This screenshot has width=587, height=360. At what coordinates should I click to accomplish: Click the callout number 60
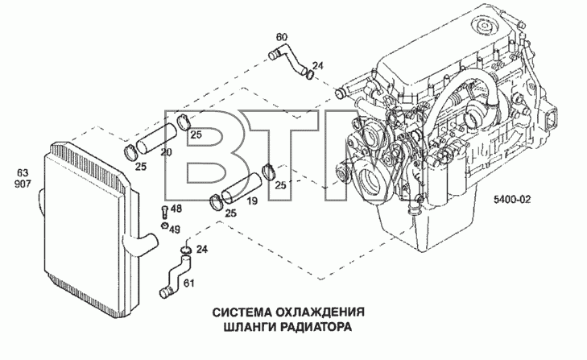(x=282, y=37)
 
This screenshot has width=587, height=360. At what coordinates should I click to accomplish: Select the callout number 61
(x=189, y=283)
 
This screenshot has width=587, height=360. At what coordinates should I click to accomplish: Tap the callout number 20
(x=166, y=152)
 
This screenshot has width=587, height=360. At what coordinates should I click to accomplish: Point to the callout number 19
(x=252, y=201)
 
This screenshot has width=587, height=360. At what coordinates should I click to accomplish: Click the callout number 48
(x=176, y=209)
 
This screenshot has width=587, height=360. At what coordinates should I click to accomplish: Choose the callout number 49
(x=174, y=229)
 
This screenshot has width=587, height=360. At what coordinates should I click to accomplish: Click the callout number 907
(x=23, y=184)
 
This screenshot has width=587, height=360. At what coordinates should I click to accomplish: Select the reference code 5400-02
(x=512, y=200)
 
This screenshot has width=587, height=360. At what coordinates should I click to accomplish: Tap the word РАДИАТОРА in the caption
(x=316, y=327)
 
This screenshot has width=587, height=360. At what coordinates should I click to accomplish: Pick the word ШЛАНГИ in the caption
(x=250, y=327)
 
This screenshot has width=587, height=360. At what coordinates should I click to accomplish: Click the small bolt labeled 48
(x=164, y=212)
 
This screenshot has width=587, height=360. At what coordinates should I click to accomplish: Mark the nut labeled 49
(x=164, y=226)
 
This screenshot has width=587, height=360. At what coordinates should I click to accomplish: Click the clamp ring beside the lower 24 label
(x=186, y=250)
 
